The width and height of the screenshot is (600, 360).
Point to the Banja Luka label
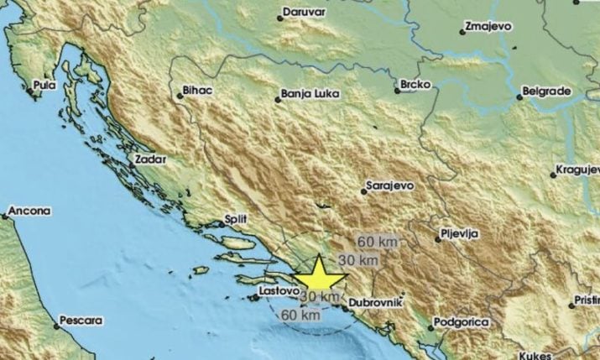click(x=310, y=95)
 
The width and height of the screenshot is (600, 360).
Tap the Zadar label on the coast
click(x=152, y=158)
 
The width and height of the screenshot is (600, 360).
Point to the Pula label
click(x=44, y=86)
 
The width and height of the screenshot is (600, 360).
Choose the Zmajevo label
click(x=491, y=27)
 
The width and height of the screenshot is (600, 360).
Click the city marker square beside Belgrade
click(x=519, y=97)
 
